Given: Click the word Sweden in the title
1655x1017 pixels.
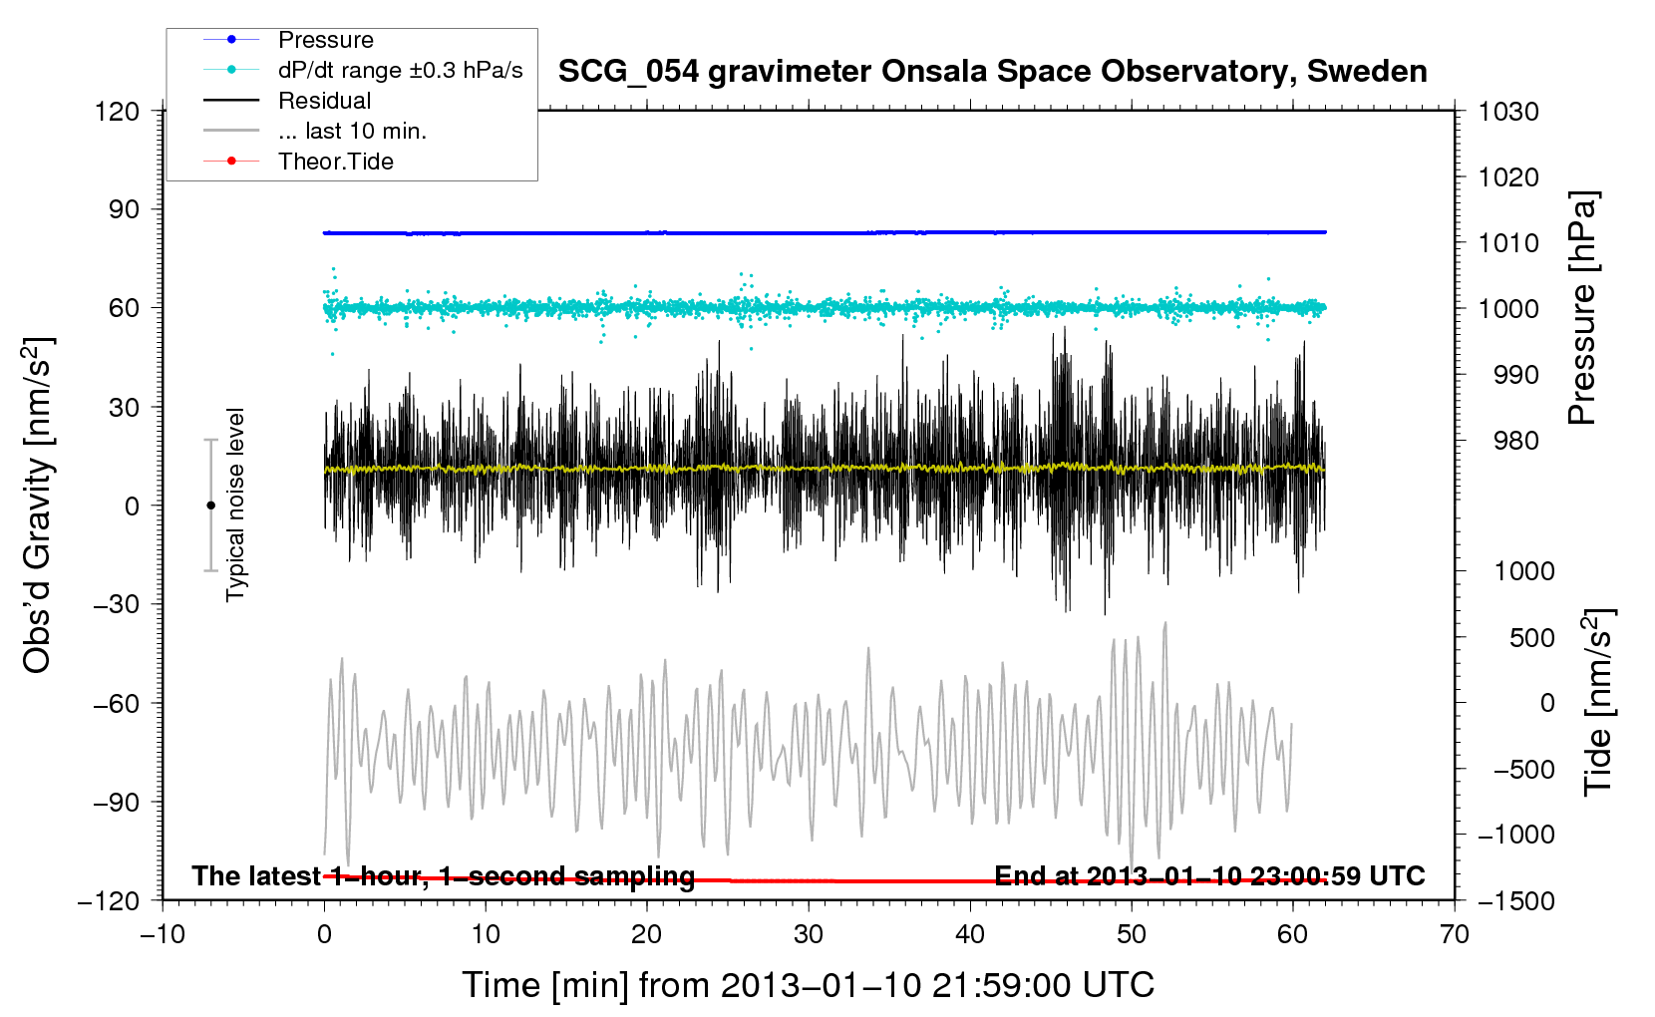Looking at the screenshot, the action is click(1367, 72).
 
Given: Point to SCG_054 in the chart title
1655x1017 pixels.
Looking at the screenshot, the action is click(628, 73).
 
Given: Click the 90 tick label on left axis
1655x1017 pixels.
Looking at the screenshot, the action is click(124, 209).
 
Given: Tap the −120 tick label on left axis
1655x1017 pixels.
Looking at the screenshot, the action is click(109, 901).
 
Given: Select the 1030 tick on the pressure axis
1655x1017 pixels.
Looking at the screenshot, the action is click(1508, 112).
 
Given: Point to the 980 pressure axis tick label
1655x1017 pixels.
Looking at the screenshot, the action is click(1515, 441).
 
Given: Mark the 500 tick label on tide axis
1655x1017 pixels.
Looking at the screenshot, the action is click(1531, 637).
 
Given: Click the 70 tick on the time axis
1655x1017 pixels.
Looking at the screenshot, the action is click(1454, 934).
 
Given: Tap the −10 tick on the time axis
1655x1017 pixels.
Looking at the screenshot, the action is click(163, 934).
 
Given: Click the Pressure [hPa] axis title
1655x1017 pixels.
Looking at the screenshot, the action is click(1582, 308).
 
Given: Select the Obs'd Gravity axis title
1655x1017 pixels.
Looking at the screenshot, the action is click(37, 506).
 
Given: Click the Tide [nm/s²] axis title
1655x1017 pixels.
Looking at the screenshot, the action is click(1598, 702).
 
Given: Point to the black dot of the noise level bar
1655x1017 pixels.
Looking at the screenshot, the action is click(210, 506).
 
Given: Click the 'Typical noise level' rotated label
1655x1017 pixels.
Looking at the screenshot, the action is click(235, 505).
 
